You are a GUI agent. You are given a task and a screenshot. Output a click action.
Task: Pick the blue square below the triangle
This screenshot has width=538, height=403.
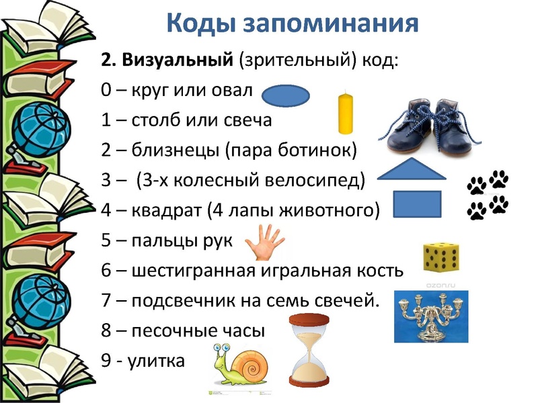[416, 204]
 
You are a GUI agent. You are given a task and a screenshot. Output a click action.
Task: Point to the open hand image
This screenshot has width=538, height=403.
[260, 242]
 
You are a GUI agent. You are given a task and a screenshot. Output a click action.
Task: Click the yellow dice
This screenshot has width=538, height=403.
[440, 256]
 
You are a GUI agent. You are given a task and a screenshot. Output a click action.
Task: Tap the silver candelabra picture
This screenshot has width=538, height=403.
[430, 316]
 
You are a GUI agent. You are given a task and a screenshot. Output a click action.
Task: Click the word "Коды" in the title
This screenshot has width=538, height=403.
[200, 24]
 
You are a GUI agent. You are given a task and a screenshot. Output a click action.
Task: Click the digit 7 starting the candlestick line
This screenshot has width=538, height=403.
[106, 300]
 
